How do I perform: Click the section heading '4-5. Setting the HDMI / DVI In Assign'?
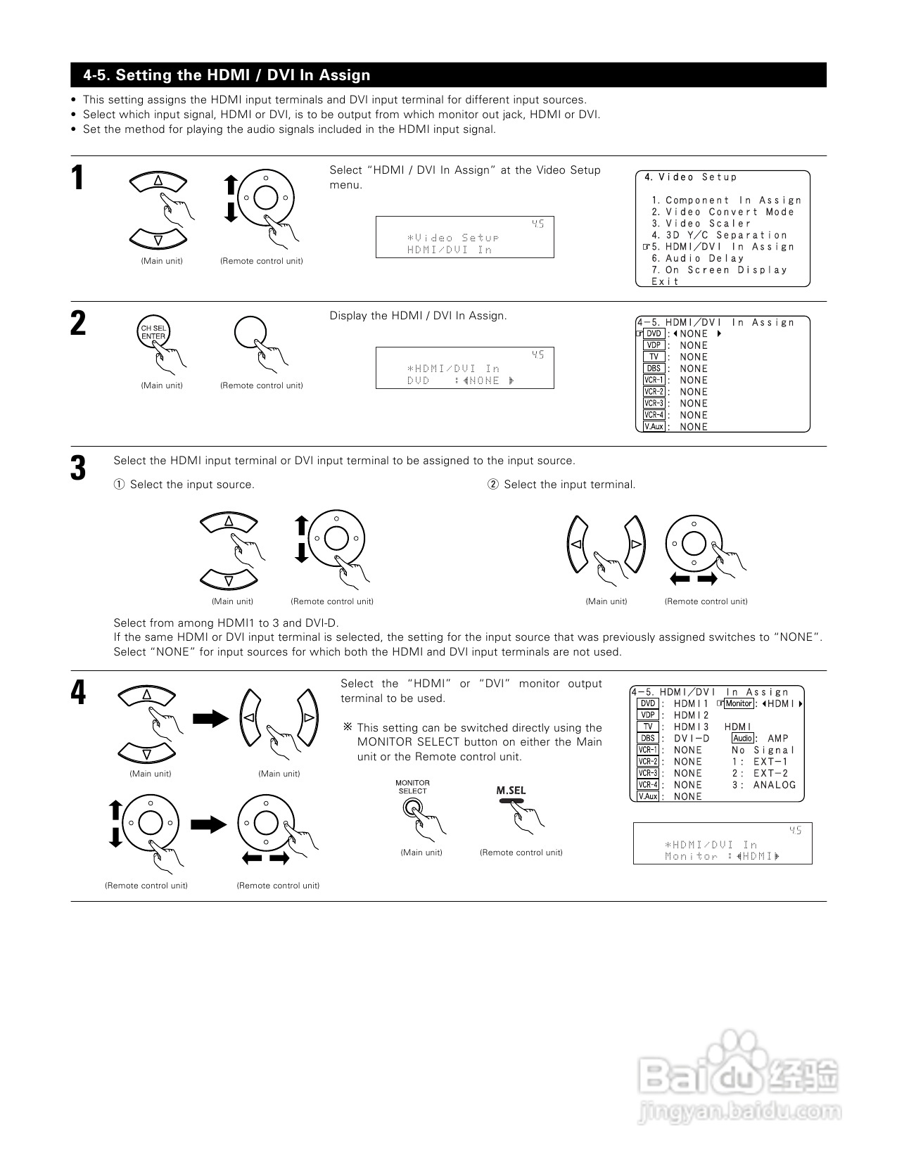coord(227,75)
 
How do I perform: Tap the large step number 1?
coord(78,178)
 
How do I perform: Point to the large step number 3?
coord(78,468)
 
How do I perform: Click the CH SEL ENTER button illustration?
coord(153,333)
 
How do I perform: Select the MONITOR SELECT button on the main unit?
coord(411,807)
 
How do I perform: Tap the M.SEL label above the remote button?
coord(511,791)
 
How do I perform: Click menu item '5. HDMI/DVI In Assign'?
coord(723,247)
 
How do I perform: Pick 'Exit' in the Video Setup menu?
coord(665,281)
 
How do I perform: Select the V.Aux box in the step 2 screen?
coord(654,426)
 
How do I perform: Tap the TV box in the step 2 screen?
coord(654,357)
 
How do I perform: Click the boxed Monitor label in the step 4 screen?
coord(739,703)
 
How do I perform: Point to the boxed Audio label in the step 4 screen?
coord(743,738)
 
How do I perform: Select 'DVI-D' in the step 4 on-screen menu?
coord(692,739)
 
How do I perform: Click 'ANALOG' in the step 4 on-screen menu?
coord(775,785)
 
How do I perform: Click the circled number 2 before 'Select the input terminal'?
coord(492,485)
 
